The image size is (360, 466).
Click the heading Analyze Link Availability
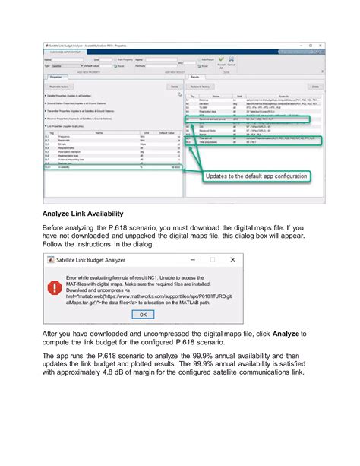91,215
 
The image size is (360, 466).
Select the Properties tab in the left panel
55,77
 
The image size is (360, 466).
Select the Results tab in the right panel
194,77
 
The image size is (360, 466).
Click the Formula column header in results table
280,97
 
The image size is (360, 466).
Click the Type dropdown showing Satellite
65,66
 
